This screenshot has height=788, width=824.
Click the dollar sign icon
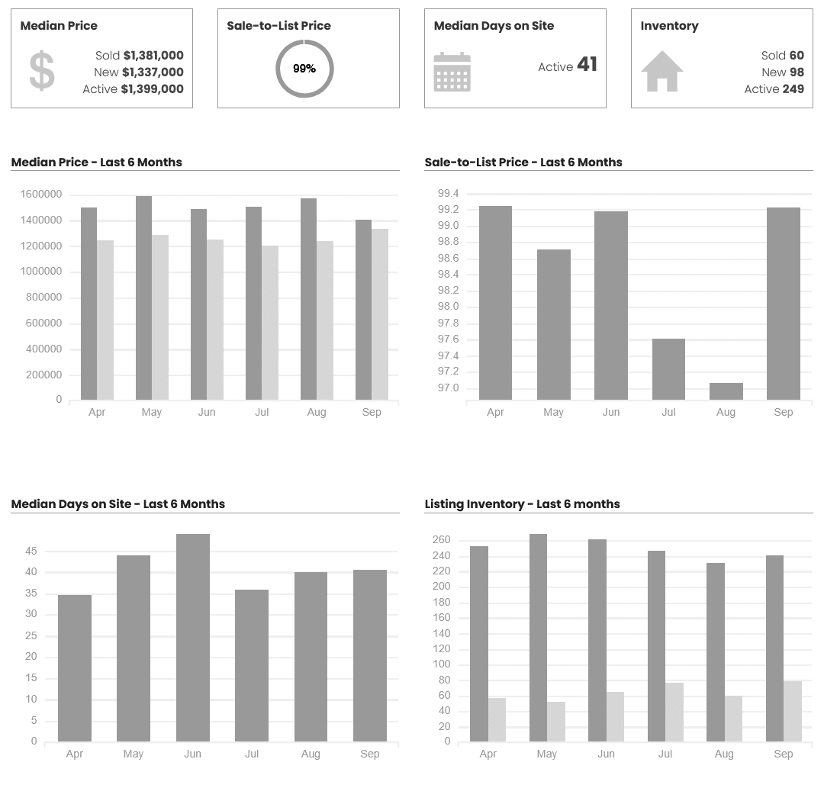coord(42,71)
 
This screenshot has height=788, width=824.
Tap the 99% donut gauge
coord(304,69)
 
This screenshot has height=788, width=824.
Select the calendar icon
coord(452,72)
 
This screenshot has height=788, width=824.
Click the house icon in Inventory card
coord(661,71)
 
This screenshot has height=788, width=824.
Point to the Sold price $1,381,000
coord(153,56)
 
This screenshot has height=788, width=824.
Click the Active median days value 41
coord(587,65)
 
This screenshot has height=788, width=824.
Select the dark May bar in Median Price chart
coord(143,298)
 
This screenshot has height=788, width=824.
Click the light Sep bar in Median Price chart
coord(380,314)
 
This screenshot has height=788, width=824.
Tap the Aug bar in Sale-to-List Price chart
coord(726,391)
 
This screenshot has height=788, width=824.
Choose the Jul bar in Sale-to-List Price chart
coord(668,368)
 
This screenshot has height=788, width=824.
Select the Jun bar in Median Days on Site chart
coord(192,637)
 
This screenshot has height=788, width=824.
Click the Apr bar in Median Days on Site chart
coord(74,667)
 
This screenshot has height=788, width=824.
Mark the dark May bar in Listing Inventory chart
coord(538,637)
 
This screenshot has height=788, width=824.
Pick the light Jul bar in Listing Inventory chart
coord(674,712)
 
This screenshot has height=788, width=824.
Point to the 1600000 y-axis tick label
coord(40,195)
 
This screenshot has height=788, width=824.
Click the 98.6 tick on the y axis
coord(448,259)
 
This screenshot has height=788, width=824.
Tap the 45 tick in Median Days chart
coord(31,551)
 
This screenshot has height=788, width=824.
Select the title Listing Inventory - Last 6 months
coord(522,504)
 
